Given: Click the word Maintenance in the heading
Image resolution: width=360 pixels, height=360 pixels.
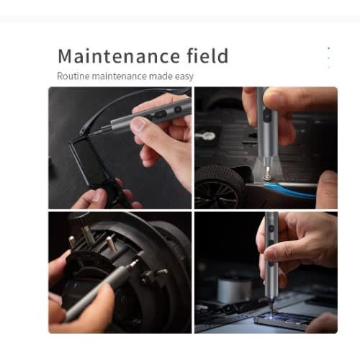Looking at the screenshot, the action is click(119, 56).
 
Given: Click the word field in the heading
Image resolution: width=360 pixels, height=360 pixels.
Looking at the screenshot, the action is click(207, 55).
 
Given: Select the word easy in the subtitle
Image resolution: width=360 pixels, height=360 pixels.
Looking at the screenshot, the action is click(184, 77).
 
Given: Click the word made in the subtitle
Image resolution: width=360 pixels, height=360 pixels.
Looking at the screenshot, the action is click(161, 76).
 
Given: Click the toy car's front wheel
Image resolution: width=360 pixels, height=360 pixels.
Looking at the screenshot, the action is click(217, 187).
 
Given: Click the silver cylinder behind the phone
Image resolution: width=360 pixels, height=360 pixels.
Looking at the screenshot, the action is click(235, 289).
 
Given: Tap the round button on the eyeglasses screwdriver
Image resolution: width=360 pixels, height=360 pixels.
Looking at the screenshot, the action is click(178, 109).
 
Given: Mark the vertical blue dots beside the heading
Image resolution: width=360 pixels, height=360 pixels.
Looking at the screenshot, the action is click(329, 58).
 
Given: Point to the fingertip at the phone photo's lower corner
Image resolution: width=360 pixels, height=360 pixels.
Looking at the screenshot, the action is click(322, 323).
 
